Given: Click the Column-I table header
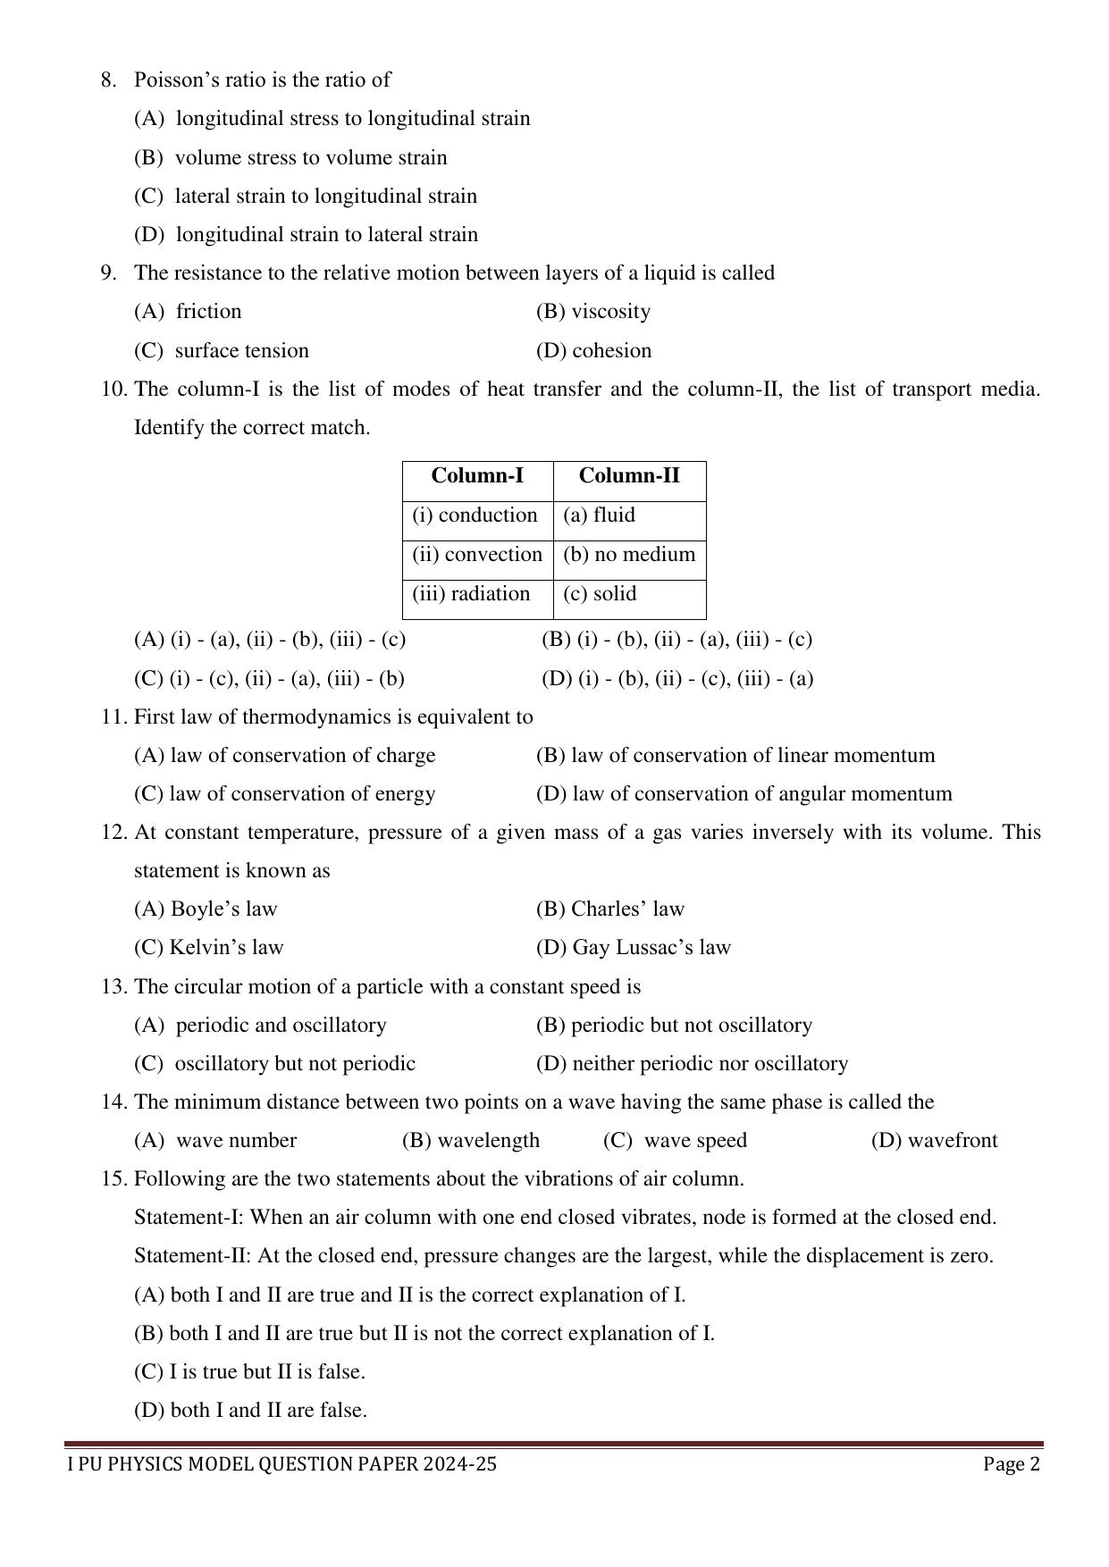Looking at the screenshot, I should point(477,476).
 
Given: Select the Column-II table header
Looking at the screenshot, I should point(629,476).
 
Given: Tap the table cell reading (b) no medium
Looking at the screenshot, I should point(629,555).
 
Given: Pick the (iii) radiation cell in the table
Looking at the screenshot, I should point(471,594).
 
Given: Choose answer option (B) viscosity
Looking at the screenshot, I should point(593,312).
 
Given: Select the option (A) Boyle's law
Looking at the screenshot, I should point(206,909).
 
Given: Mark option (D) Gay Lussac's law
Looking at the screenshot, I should point(633,948).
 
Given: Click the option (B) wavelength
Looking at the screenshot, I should point(471,1141).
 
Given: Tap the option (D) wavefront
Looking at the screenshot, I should point(934,1141).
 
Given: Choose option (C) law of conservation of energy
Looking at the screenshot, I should point(284,794).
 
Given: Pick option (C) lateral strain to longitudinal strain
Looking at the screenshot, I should point(306,197).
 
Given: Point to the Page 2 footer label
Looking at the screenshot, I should point(1012,1464).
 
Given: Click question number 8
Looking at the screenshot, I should point(108,80).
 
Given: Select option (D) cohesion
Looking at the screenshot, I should point(593,351).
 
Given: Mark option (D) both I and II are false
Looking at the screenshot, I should point(250,1411).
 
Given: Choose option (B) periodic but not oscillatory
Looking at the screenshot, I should point(674,1026).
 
